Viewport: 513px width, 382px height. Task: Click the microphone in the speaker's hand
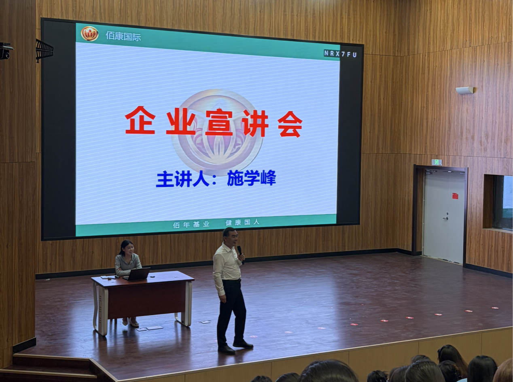click(x=240, y=254)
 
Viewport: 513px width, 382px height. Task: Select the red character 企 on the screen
click(x=140, y=120)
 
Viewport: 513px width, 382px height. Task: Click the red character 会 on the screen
click(x=290, y=123)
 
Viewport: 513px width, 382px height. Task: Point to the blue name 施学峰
click(x=252, y=178)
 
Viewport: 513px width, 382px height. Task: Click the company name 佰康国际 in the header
click(x=123, y=36)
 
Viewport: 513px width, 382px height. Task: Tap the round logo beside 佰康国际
click(x=90, y=34)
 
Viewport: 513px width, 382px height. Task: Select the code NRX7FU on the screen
click(x=340, y=54)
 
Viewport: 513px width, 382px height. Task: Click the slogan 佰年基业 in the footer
click(x=191, y=224)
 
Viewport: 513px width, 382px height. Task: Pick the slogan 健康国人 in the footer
click(x=242, y=223)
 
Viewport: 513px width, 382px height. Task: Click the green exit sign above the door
click(x=437, y=162)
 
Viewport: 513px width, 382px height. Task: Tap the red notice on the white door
click(x=455, y=196)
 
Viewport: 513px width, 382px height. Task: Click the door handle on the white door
click(x=445, y=218)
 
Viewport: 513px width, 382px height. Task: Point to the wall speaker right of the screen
click(x=464, y=90)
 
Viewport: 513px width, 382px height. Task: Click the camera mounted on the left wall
click(x=6, y=51)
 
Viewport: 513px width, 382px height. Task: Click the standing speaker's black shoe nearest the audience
click(x=227, y=350)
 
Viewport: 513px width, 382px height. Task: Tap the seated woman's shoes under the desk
click(x=131, y=322)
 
